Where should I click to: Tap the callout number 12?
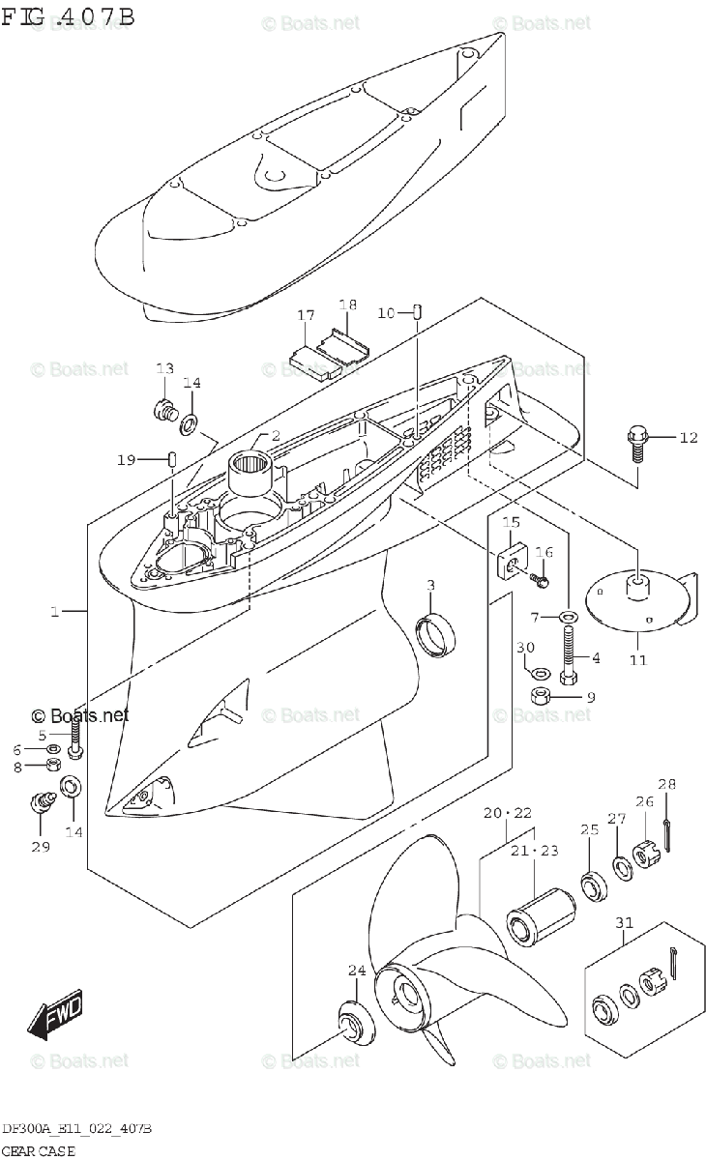(x=688, y=438)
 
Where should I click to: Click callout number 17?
(x=306, y=315)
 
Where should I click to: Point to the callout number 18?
(x=347, y=305)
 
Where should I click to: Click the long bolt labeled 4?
(x=567, y=650)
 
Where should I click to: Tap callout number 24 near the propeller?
(x=357, y=971)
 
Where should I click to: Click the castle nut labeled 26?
(x=645, y=855)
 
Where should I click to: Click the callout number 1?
(x=56, y=612)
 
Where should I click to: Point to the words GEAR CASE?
(x=39, y=1150)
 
